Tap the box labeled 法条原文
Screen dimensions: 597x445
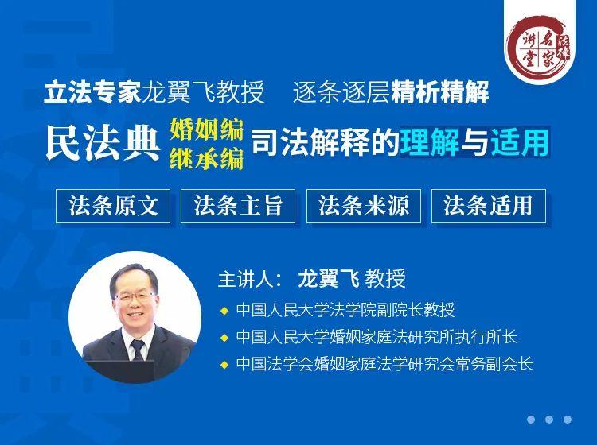pyautogui.click(x=113, y=206)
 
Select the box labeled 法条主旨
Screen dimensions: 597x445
pyautogui.click(x=238, y=206)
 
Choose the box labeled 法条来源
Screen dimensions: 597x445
pyautogui.click(x=364, y=206)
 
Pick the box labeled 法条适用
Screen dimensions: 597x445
pyautogui.click(x=489, y=206)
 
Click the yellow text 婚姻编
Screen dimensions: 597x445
pyautogui.click(x=207, y=130)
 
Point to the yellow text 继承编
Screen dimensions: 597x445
pyautogui.click(x=207, y=157)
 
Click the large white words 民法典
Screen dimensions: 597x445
pyautogui.click(x=103, y=143)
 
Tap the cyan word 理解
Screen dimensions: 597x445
pyautogui.click(x=429, y=142)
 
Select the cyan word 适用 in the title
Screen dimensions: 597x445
pyautogui.click(x=519, y=142)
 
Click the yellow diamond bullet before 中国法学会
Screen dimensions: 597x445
pyautogui.click(x=224, y=365)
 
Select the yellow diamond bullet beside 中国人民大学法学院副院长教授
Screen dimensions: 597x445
pyautogui.click(x=224, y=311)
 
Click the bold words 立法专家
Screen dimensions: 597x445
pyautogui.click(x=93, y=92)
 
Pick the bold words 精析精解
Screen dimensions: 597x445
pyautogui.click(x=439, y=92)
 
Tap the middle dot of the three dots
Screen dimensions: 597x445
pyautogui.click(x=549, y=420)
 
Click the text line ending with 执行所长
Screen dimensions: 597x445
pyautogui.click(x=377, y=337)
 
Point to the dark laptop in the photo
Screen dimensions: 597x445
pyautogui.click(x=121, y=370)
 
